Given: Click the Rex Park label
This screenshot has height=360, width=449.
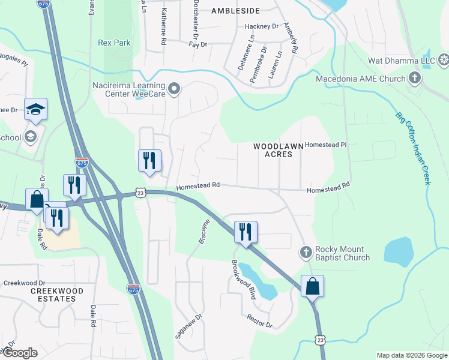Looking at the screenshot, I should (113, 42).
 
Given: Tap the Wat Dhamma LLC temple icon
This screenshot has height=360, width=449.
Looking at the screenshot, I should (444, 59).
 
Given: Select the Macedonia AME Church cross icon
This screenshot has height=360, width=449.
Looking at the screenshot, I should (414, 78).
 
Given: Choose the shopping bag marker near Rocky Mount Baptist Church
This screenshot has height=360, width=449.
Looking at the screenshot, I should (312, 286).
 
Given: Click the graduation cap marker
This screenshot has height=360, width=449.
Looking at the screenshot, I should (36, 110).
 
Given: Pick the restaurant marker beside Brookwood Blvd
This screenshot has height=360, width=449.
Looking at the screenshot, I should (246, 232).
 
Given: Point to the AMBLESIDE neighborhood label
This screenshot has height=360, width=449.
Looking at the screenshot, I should (235, 11).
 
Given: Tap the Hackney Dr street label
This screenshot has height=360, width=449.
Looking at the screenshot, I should (262, 27).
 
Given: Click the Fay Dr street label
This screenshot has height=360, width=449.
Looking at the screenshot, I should (197, 45).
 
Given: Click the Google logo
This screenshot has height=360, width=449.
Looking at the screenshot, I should (20, 353).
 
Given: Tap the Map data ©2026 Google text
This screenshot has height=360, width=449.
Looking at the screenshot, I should (411, 355).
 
